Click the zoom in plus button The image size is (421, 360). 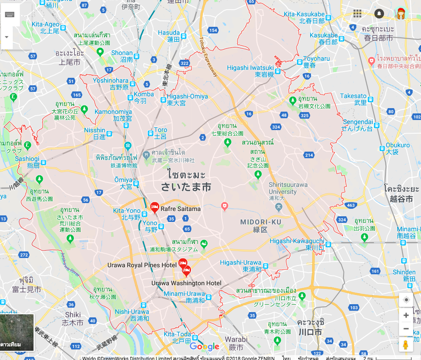point(406,315)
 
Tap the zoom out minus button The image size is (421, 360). point(406,329)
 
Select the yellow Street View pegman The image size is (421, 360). point(406,345)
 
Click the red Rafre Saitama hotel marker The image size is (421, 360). point(154,206)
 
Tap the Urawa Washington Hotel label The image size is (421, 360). point(186,283)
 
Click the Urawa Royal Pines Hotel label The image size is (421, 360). point(142,265)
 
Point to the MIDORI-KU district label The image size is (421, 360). point(260,222)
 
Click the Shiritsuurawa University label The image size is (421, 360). point(288,188)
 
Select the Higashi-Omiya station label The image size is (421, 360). point(187,97)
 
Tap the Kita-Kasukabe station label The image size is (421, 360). point(304,15)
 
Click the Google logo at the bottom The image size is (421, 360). point(205,346)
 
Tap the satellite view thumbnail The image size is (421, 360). point(17,332)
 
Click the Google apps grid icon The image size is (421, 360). point(357,13)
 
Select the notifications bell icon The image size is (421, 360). point(379,13)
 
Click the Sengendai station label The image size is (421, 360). point(358,122)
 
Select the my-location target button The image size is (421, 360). point(406,300)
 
